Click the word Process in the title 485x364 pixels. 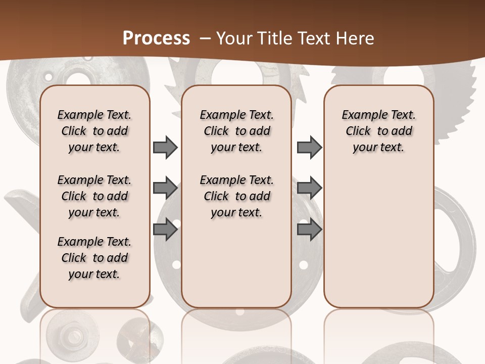[x=156, y=38]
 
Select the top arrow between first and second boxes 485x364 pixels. [x=165, y=147]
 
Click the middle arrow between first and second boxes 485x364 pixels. [x=165, y=188]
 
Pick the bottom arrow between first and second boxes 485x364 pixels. [x=165, y=230]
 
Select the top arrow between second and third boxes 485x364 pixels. [x=309, y=147]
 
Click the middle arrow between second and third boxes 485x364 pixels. [x=309, y=188]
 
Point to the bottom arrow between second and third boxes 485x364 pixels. [x=309, y=230]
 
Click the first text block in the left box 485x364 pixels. [x=94, y=131]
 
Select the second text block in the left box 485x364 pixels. [x=94, y=196]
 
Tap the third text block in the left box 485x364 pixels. [x=94, y=258]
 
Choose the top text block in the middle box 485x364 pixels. [x=236, y=131]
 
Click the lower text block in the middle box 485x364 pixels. [x=236, y=196]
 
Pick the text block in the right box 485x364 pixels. [x=378, y=131]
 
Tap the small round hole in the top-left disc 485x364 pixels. [x=48, y=78]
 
